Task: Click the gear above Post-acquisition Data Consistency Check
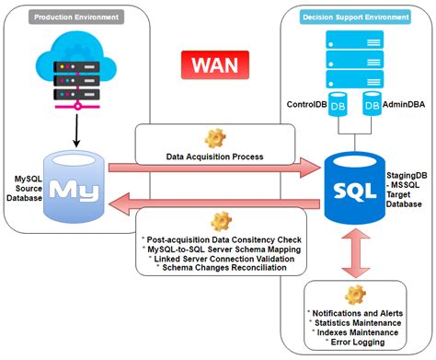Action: coord(220,221)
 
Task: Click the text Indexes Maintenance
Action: coord(358,334)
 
